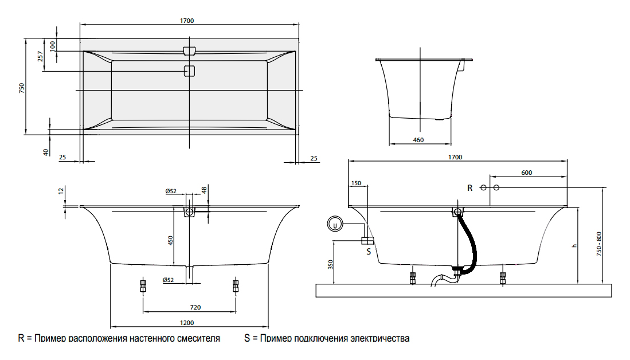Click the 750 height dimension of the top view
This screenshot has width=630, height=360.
[22, 88]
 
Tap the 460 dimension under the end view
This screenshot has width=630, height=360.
[418, 139]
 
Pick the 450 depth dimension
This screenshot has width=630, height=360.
[170, 240]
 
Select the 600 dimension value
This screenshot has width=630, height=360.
[527, 173]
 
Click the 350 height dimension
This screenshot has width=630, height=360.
[331, 264]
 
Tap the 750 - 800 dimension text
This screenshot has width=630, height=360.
[600, 244]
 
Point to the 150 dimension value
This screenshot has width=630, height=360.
[356, 183]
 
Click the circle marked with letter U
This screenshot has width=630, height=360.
[335, 225]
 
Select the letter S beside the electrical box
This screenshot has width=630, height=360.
[369, 251]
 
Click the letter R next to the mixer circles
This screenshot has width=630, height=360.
[470, 188]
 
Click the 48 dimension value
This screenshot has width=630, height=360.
[204, 190]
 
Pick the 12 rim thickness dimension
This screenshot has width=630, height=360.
[61, 191]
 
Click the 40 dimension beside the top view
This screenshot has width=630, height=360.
[45, 151]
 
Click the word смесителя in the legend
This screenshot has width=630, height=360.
[197, 339]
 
